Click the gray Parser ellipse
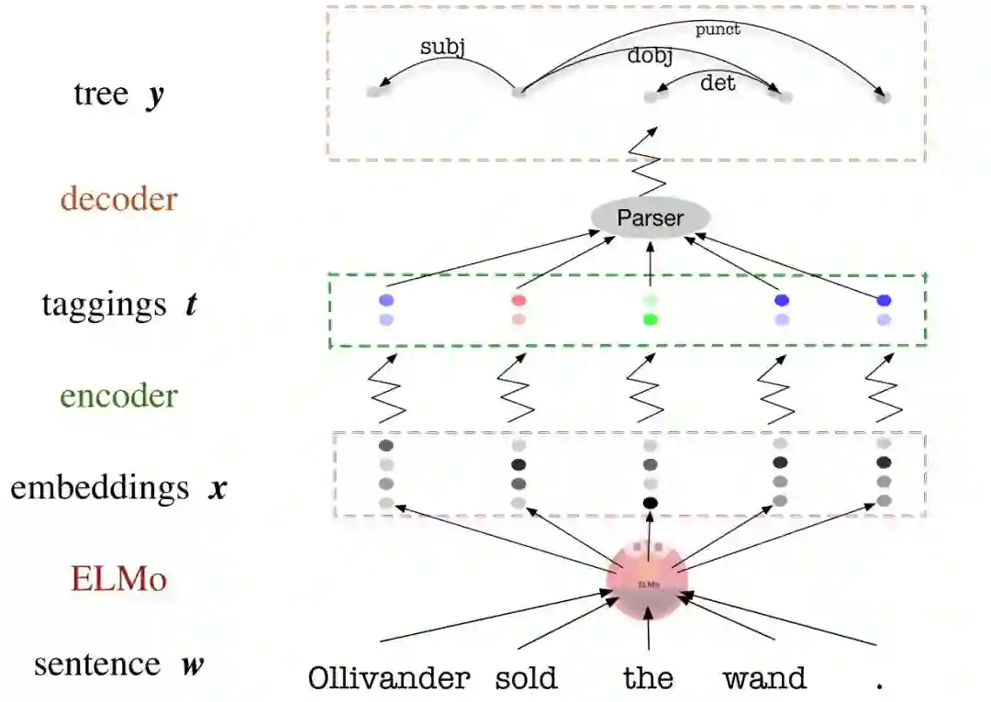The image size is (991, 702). click(x=651, y=218)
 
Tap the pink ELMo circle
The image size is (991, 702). click(x=648, y=580)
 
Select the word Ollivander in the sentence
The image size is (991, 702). click(x=388, y=679)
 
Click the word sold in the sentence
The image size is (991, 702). click(x=526, y=679)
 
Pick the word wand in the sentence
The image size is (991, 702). click(x=764, y=679)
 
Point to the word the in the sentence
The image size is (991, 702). click(x=648, y=679)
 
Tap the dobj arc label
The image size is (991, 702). click(x=650, y=56)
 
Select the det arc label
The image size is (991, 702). click(x=718, y=84)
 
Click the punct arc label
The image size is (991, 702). click(x=718, y=29)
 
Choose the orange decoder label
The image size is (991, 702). click(x=118, y=199)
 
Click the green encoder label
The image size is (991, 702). click(x=118, y=396)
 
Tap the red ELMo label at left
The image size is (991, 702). click(x=118, y=579)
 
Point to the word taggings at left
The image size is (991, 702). click(x=104, y=304)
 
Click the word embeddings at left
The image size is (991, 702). click(x=100, y=487)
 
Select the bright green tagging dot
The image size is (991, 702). click(x=651, y=319)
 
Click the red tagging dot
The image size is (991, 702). click(x=518, y=300)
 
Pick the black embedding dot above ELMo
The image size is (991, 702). click(x=651, y=502)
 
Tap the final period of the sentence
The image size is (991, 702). click(x=879, y=684)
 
